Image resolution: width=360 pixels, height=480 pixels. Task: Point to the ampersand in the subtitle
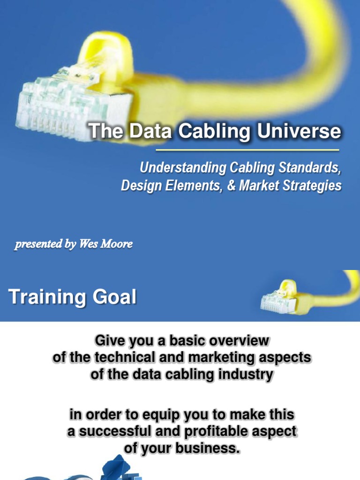[x=230, y=186]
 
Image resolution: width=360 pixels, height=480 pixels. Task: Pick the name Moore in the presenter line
[x=116, y=244]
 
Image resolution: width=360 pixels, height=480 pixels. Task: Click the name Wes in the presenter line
[x=88, y=244]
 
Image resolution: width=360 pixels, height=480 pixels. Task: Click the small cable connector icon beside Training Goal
[x=281, y=298]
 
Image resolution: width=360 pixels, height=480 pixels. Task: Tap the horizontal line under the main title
[x=247, y=150]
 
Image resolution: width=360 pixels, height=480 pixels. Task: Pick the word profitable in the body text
[x=217, y=431]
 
